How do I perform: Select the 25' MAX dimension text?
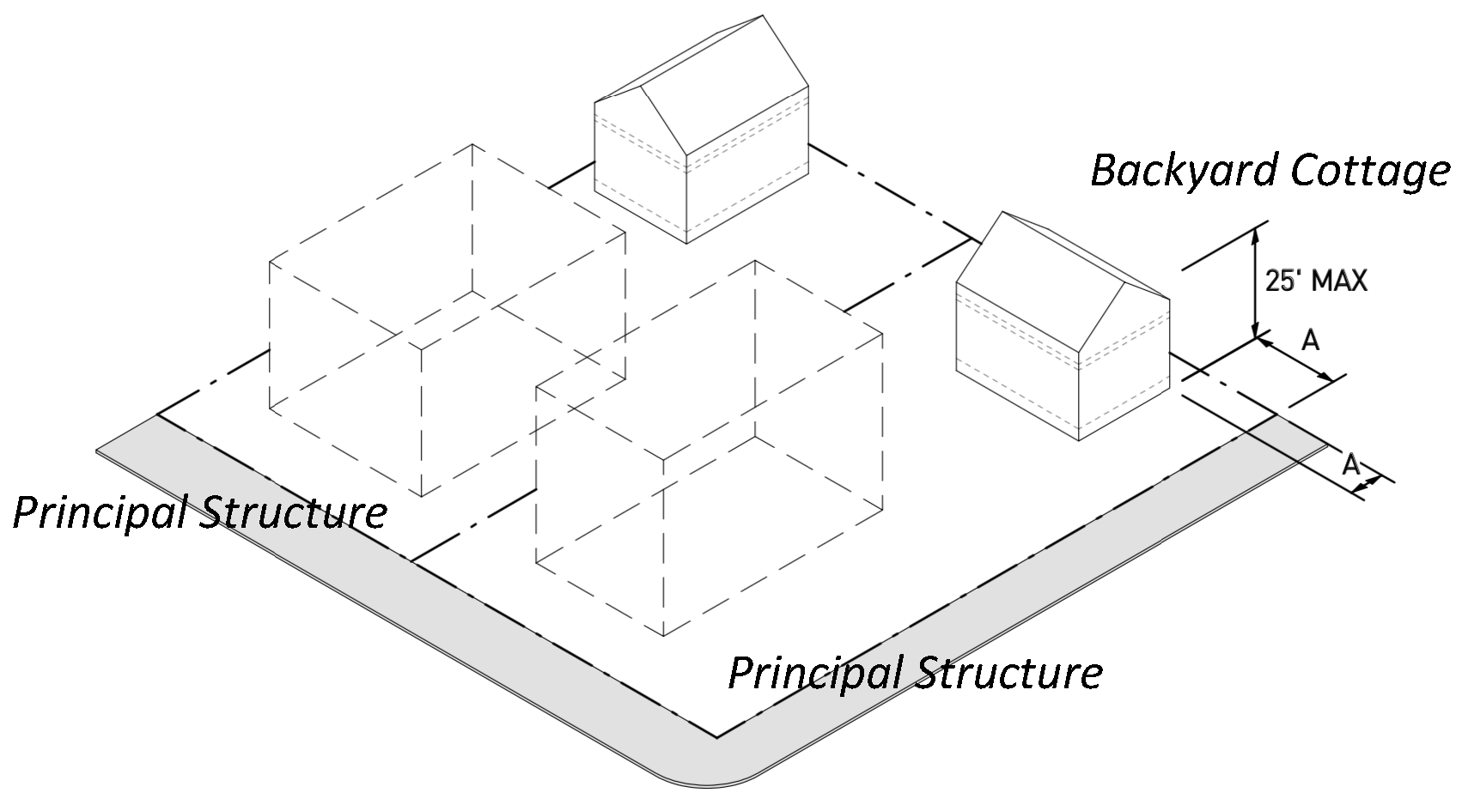[1315, 281]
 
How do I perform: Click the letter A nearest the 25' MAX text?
[1309, 341]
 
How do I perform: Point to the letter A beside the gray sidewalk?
[1350, 465]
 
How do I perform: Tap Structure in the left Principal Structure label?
[292, 513]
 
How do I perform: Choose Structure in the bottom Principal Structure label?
[1007, 673]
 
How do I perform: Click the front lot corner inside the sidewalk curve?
[716, 735]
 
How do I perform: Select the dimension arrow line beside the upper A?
[1296, 360]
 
